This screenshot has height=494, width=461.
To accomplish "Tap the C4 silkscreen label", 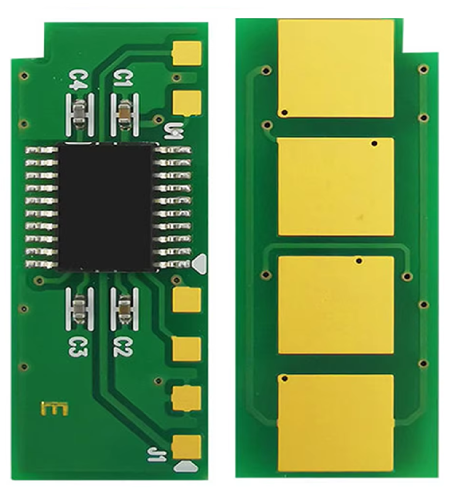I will [76, 79].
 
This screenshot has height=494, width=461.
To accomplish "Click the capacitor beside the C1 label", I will [124, 112].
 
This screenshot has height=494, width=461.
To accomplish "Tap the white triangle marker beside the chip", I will [200, 263].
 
